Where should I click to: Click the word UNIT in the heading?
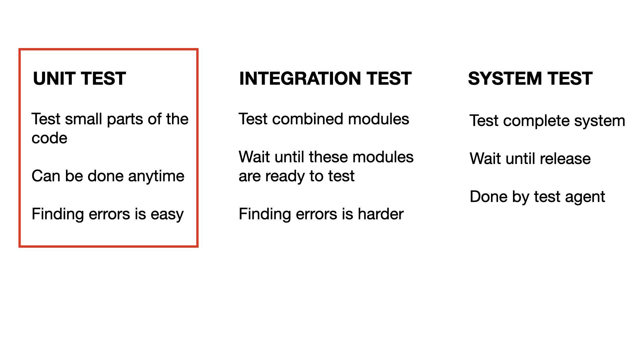[x=54, y=79]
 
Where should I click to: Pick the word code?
[x=49, y=138]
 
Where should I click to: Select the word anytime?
[x=156, y=176]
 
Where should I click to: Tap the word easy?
[x=167, y=214]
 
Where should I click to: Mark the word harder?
[x=380, y=214]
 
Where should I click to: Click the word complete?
[x=534, y=121]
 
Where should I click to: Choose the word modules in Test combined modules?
[x=378, y=119]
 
